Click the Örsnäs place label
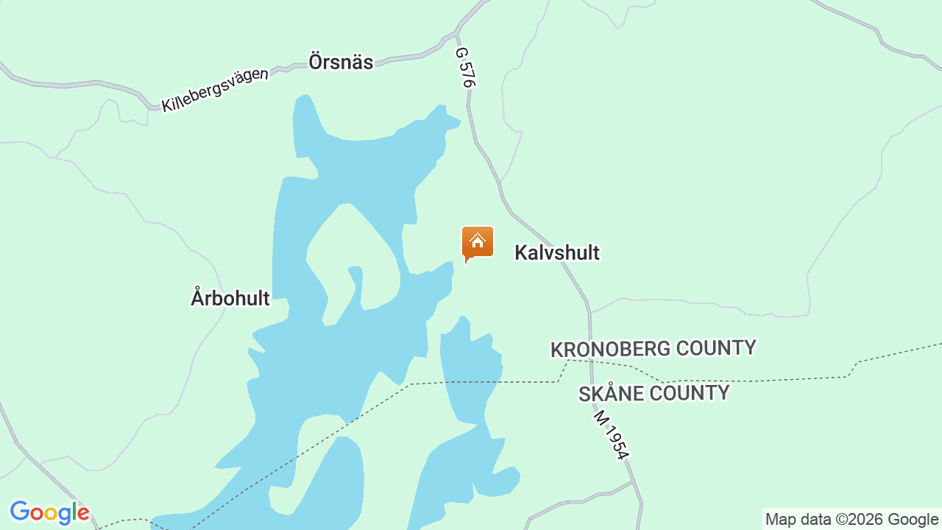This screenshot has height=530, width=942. (x=341, y=62)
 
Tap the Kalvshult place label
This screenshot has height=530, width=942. (x=557, y=252)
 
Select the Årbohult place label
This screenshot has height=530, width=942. (x=230, y=298)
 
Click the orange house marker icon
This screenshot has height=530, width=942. (x=478, y=243)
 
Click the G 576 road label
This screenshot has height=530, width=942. (x=465, y=68)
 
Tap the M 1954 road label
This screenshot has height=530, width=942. (x=612, y=436)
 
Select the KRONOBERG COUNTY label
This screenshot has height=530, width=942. (x=654, y=348)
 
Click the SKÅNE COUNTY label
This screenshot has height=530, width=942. (x=654, y=394)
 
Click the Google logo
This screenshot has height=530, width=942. (x=49, y=512)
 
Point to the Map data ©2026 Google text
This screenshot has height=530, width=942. (x=851, y=520)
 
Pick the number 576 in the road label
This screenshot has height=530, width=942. (x=467, y=74)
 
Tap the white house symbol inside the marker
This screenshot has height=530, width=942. (x=478, y=240)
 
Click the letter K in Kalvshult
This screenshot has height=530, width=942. (x=520, y=252)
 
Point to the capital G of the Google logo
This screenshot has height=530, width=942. (x=20, y=512)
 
